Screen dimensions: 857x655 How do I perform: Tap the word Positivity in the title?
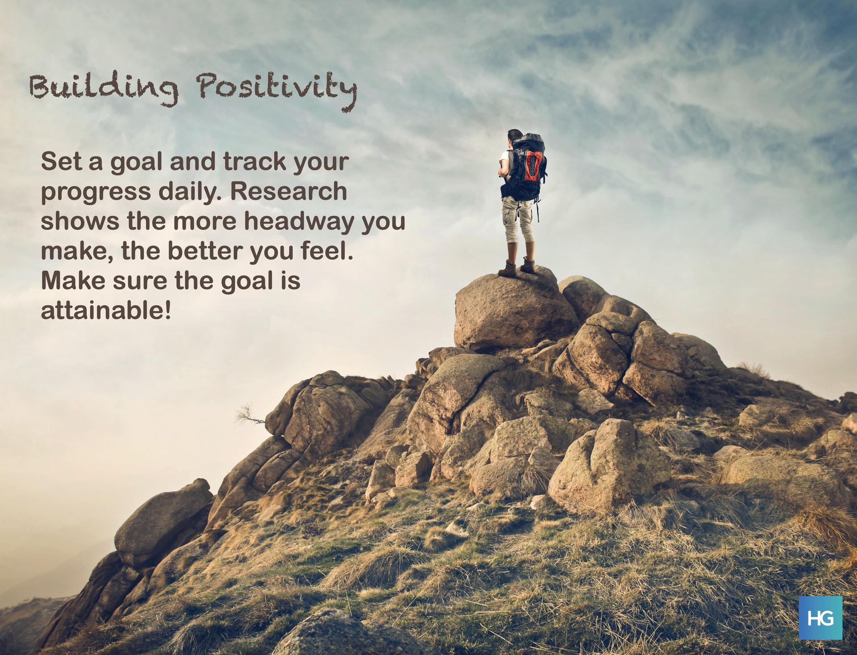277,89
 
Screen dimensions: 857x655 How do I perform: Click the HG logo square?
820,618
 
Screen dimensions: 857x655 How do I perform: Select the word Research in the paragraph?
289,191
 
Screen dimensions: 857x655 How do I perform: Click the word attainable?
106,311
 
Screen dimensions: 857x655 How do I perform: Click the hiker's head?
515,138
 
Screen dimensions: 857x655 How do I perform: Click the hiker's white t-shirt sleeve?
504,157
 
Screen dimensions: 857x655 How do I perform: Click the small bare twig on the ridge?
251,414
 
